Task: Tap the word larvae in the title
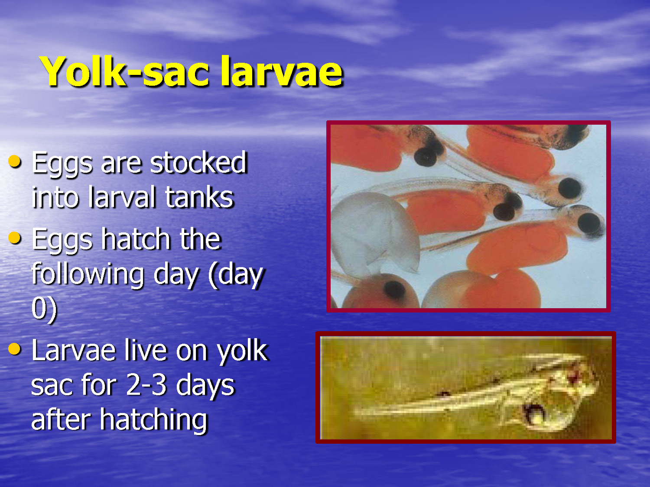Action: click(x=282, y=71)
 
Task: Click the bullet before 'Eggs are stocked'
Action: click(x=15, y=162)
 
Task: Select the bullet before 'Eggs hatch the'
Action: click(x=15, y=238)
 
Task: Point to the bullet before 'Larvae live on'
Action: click(x=15, y=349)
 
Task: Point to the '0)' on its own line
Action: click(x=44, y=308)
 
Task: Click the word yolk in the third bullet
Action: click(x=242, y=351)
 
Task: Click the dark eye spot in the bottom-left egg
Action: click(x=393, y=289)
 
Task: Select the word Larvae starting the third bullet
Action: click(x=74, y=350)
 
